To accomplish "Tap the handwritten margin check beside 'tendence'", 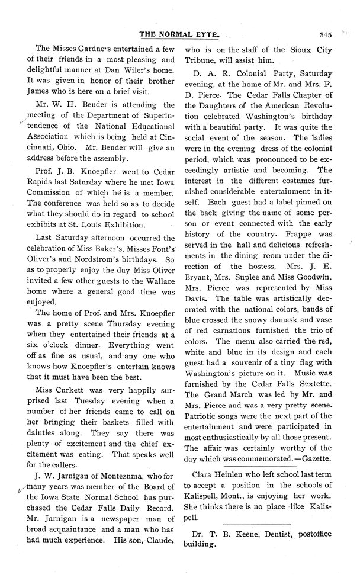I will point(22,123).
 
